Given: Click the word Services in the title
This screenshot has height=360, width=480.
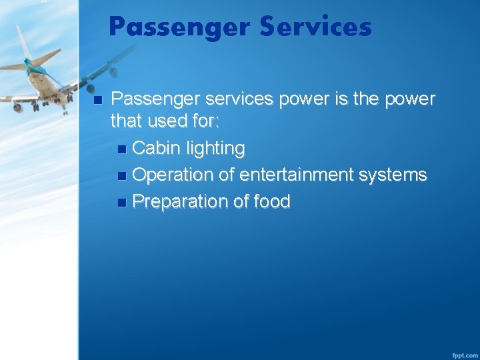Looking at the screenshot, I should click(x=315, y=27).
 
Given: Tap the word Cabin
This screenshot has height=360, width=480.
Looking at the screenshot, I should click(x=155, y=148).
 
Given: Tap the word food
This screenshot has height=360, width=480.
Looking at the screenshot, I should click(x=271, y=201).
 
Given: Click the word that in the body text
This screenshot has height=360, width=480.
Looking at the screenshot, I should click(x=125, y=122).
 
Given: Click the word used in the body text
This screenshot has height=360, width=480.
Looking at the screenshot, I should click(x=162, y=122).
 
